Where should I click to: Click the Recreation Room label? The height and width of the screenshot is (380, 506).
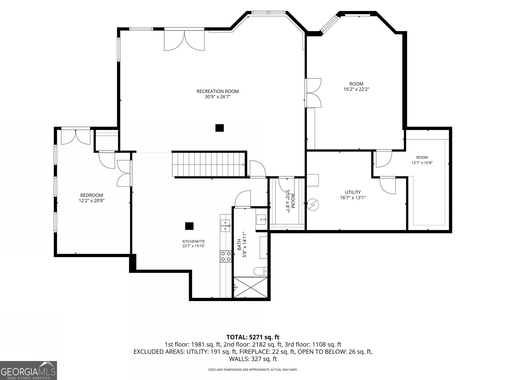[x=218, y=92]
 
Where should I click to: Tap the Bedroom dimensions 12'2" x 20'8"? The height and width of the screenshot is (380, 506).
[x=91, y=201]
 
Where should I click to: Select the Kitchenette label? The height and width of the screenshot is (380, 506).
[x=194, y=242]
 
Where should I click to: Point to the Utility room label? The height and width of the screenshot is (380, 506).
[x=353, y=192]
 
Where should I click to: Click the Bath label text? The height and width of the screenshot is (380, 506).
[x=239, y=244]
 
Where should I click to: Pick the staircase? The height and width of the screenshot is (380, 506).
[x=208, y=164]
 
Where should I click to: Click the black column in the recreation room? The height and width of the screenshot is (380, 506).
[x=219, y=128]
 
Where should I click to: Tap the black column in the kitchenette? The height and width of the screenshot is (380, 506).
[x=189, y=226]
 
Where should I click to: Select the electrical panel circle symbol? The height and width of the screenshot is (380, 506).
[x=313, y=205]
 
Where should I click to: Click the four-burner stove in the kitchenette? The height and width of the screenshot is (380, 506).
[x=226, y=256]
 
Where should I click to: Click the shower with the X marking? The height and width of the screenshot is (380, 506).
[x=250, y=287]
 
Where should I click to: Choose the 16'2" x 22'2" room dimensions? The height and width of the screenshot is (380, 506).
[x=356, y=89]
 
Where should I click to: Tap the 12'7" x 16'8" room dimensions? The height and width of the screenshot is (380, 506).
[x=422, y=163]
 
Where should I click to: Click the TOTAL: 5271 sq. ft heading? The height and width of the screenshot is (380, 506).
[x=253, y=337]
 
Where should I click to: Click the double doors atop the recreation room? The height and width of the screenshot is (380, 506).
[x=184, y=41]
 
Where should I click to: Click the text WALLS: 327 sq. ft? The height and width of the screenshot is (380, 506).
[x=253, y=359]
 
